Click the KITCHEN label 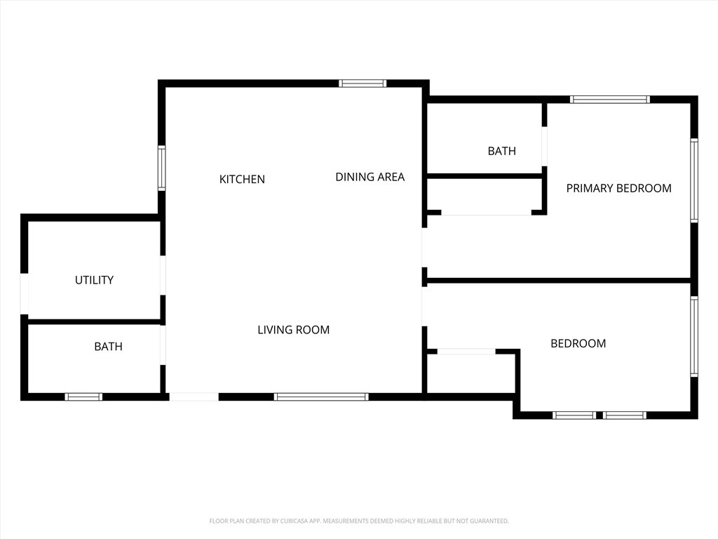(242, 179)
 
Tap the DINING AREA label (370, 177)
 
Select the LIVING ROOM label (293, 330)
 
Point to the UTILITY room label (94, 280)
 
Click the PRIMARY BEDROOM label (618, 188)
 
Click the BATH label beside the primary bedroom (501, 151)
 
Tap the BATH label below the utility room (108, 347)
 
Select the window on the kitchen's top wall (363, 84)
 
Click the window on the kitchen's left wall (162, 168)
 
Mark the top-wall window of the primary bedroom (610, 100)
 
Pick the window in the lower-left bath (83, 397)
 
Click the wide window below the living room (321, 397)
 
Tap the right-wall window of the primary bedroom (694, 180)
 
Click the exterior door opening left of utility (25, 293)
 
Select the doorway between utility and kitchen (163, 275)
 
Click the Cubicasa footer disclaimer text (359, 521)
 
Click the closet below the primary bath (485, 196)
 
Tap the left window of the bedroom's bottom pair (574, 415)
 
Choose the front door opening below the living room (194, 397)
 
